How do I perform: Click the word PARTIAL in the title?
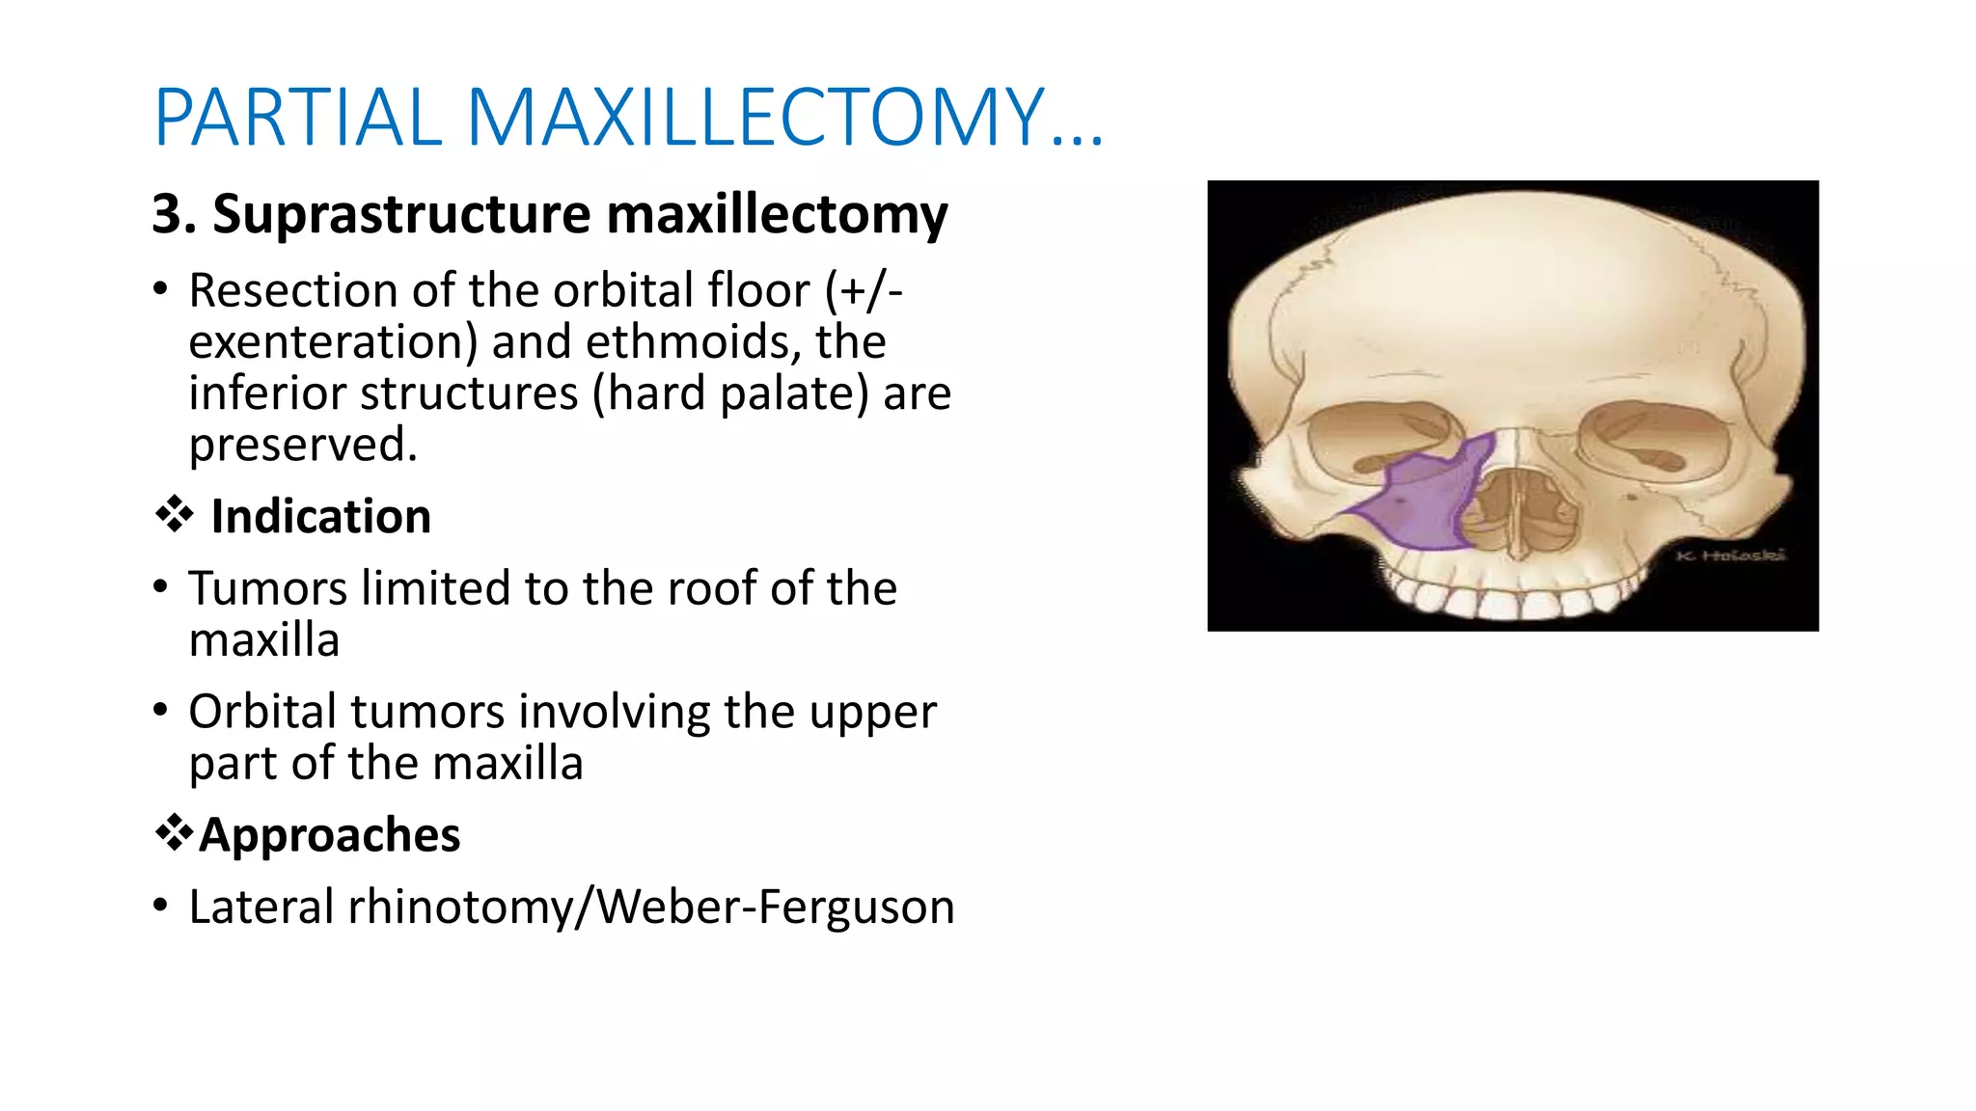(297, 118)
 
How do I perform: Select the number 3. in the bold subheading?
(174, 214)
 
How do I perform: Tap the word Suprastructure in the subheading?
(401, 214)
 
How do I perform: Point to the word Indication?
(320, 517)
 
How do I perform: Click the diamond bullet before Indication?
(175, 514)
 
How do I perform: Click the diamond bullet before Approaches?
(174, 832)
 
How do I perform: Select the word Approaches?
(330, 835)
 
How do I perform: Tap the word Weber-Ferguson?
(776, 907)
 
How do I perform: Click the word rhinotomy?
(459, 907)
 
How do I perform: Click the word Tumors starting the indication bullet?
(268, 588)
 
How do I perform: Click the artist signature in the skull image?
(1730, 555)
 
